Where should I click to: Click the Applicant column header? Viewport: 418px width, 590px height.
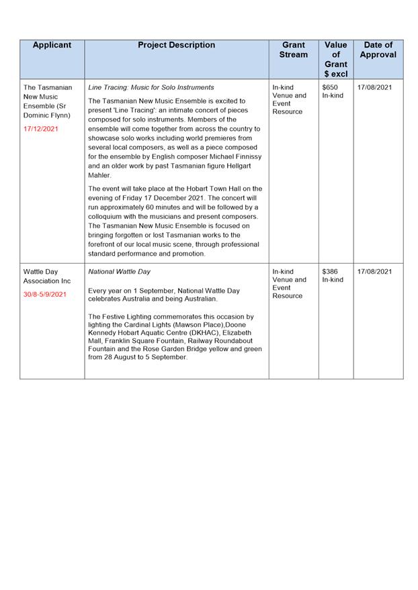pyautogui.click(x=52, y=46)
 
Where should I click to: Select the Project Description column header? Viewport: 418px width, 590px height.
pyautogui.click(x=176, y=46)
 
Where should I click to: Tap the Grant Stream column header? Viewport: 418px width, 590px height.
pyautogui.click(x=293, y=50)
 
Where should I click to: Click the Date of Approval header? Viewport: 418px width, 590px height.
pyautogui.click(x=378, y=50)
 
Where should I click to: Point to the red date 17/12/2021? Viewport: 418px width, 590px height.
pyautogui.click(x=40, y=128)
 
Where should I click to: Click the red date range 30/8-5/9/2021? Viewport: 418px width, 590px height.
pyautogui.click(x=45, y=294)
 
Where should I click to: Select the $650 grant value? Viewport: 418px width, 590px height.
pyautogui.click(x=330, y=87)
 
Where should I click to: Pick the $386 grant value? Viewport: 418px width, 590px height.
pyautogui.click(x=330, y=272)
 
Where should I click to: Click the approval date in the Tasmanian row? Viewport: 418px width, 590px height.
pyautogui.click(x=375, y=87)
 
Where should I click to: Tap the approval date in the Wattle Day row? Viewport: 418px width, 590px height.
pyautogui.click(x=375, y=272)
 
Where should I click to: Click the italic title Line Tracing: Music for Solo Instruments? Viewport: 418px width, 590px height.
pyautogui.click(x=151, y=87)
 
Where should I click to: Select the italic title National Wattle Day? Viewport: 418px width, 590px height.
pyautogui.click(x=120, y=272)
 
